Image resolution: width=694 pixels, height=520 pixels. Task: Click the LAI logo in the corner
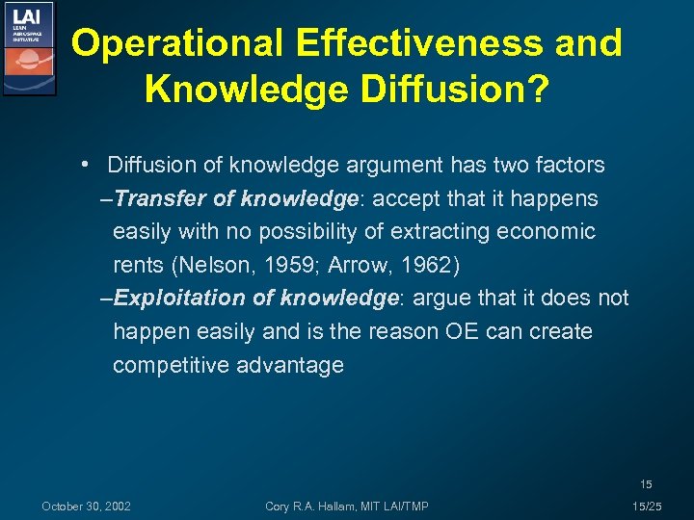[x=30, y=48]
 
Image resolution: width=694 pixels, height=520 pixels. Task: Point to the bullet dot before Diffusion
[x=87, y=165]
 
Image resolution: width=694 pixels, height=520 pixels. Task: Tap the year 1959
[x=269, y=265]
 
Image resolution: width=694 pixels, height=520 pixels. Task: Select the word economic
[x=546, y=232]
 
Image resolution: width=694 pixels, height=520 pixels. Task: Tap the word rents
[x=138, y=265]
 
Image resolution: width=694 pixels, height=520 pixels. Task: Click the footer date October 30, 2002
[x=87, y=507]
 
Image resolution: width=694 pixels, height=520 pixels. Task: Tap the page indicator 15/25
[x=646, y=507]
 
